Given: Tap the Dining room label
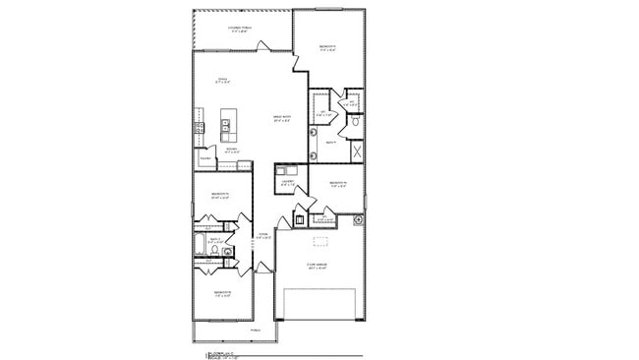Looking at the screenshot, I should (223, 80).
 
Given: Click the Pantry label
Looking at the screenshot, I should (205, 158).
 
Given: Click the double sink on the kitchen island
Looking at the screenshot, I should (226, 125).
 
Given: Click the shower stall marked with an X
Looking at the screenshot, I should (356, 152).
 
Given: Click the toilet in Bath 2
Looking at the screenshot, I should (214, 251).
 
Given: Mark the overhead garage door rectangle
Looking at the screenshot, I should (319, 304).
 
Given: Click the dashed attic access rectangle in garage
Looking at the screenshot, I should (319, 242).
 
